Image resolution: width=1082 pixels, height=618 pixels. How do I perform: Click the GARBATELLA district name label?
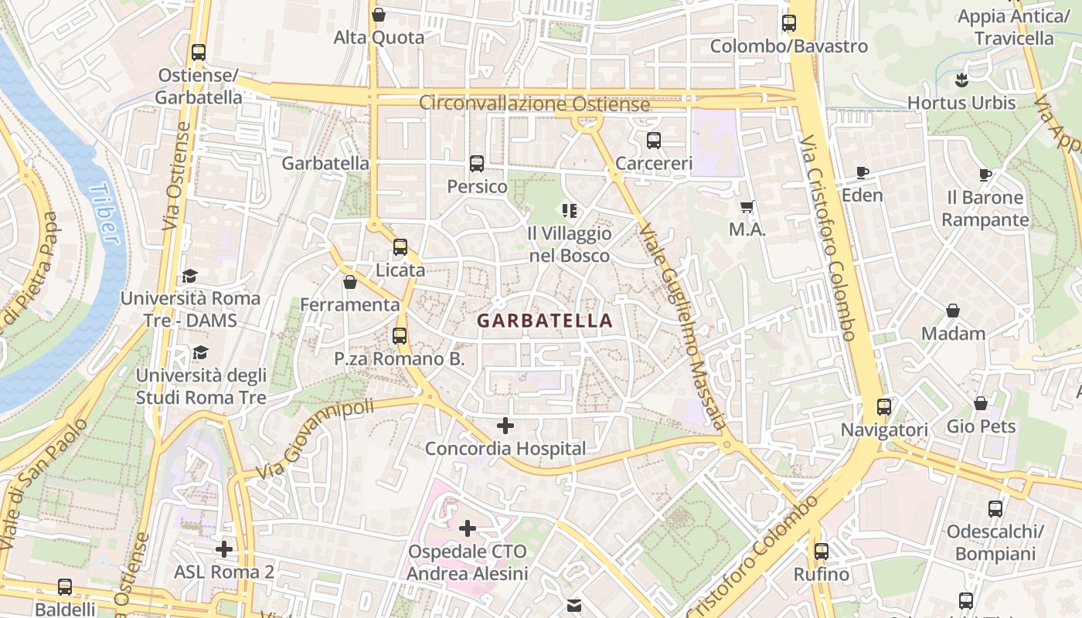point(544,321)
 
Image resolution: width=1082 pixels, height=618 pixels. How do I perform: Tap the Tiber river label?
point(107,214)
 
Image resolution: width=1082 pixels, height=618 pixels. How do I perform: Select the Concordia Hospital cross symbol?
point(505,425)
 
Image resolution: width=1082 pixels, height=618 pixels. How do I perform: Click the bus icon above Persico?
point(477,164)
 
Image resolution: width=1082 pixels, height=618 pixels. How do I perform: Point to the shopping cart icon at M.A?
point(747,206)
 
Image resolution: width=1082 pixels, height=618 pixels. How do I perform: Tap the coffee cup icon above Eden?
point(863,173)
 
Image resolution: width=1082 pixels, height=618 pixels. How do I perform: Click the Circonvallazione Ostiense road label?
point(534,104)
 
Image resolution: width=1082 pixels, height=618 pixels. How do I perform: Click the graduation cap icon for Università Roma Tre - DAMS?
point(190,276)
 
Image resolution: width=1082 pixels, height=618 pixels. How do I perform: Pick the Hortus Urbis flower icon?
point(961,80)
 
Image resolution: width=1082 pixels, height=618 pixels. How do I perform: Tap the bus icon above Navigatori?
point(884,406)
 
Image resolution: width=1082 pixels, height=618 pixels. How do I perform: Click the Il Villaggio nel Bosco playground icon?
point(570,210)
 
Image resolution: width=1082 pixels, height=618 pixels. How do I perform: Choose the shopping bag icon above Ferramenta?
point(350,282)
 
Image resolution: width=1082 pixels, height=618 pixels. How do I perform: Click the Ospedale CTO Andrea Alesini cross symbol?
point(468,528)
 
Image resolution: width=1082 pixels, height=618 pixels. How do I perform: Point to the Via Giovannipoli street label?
point(314,439)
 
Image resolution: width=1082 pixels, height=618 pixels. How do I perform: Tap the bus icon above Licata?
point(400,247)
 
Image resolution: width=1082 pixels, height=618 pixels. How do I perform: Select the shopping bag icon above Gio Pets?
point(981,403)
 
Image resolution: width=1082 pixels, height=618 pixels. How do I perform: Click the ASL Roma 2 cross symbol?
point(224,549)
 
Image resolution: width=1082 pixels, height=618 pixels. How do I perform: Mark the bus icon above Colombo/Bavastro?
point(789,23)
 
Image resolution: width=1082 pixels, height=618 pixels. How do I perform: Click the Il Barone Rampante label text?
point(985,209)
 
